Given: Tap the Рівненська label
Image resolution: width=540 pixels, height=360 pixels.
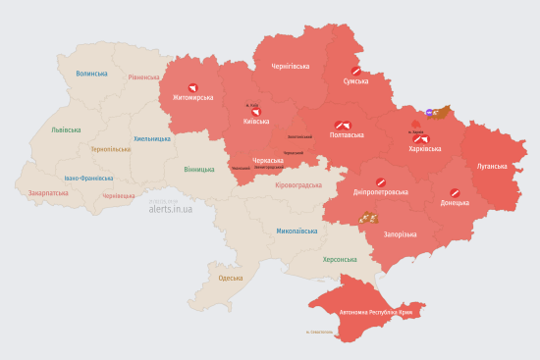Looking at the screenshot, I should (143, 77).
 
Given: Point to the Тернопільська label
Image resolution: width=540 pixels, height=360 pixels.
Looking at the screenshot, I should (110, 149).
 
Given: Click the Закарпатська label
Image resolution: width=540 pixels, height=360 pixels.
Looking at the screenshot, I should (49, 193).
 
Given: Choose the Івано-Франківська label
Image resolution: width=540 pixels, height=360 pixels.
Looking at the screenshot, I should (88, 179).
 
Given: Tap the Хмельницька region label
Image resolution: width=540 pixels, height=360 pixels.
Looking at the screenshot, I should (152, 138).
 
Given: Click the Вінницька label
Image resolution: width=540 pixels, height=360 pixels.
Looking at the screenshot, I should (198, 169).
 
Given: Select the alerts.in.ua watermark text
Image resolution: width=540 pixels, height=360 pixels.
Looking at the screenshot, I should (170, 209).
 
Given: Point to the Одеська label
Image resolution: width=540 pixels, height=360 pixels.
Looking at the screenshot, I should (231, 279).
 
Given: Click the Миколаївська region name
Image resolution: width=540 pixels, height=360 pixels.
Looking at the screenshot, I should (297, 231).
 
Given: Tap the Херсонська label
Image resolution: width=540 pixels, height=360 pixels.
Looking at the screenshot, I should (341, 259).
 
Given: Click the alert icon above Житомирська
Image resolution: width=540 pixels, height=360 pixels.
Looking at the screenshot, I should (192, 87).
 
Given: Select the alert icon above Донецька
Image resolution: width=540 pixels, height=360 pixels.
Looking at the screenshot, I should (455, 192).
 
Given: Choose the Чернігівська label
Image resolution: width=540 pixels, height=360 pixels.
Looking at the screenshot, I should (291, 67).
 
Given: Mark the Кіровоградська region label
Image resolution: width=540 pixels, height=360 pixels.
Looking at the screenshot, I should (298, 185).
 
